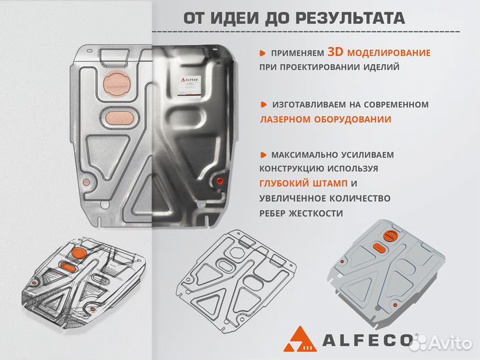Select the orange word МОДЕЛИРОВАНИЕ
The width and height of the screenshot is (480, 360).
389,53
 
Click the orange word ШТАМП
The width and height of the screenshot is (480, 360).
327,183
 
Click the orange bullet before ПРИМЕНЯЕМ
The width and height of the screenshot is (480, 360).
263,53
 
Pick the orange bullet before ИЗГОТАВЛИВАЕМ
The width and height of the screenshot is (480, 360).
263,105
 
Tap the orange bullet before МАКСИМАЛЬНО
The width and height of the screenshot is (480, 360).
263,155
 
